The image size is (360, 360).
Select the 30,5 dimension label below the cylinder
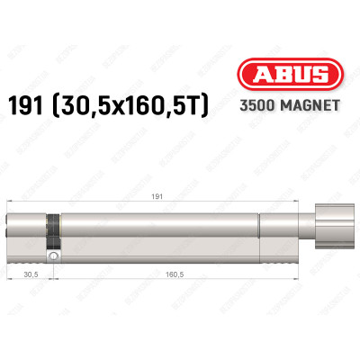pos(32,274)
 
